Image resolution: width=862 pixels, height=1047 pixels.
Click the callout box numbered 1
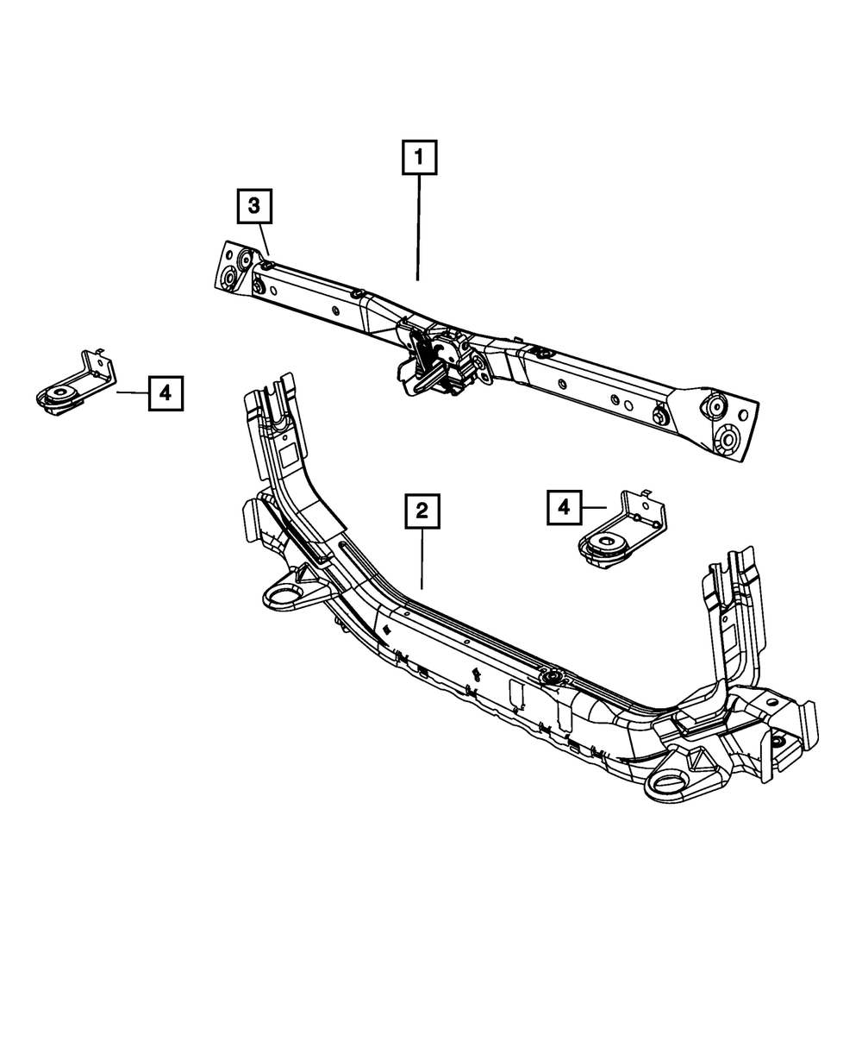click(x=418, y=159)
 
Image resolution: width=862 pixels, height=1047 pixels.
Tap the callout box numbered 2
click(x=422, y=511)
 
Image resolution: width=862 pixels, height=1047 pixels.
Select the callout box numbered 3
click(x=253, y=206)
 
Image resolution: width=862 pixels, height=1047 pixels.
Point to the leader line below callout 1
click(x=418, y=229)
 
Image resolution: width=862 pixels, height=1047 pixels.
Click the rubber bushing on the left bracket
click(x=59, y=398)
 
